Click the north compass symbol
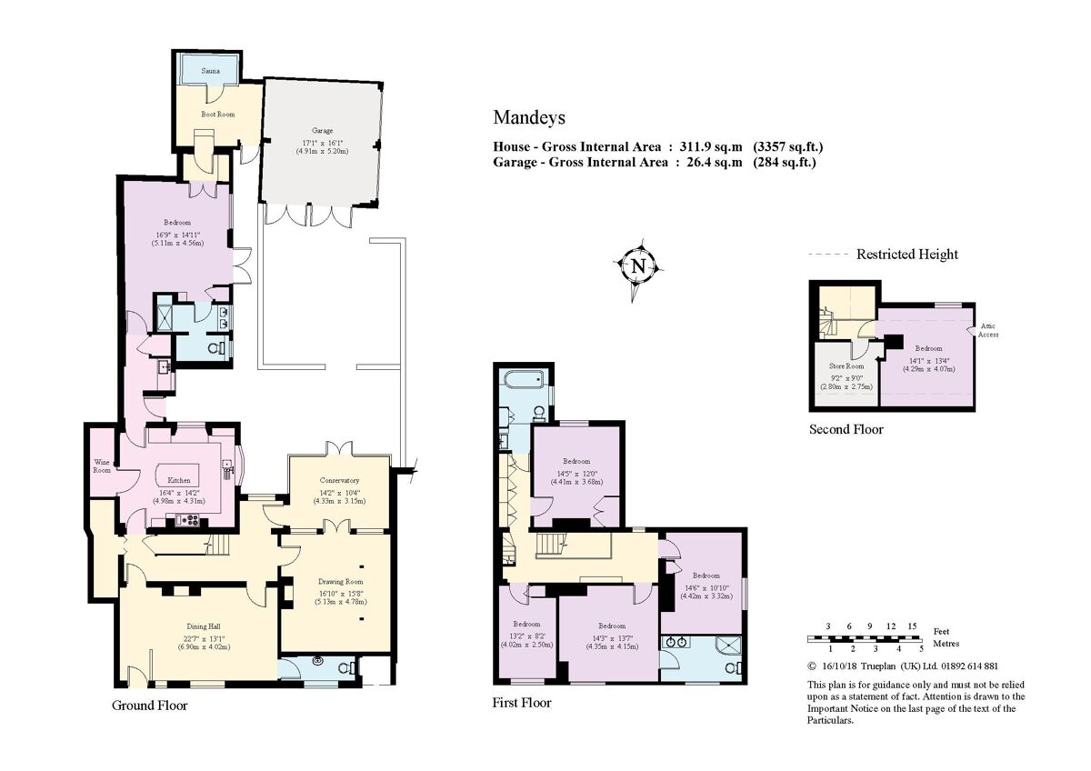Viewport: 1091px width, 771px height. pyautogui.click(x=638, y=266)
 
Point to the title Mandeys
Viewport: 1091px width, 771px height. pyautogui.click(x=529, y=117)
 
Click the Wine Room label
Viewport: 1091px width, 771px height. pyautogui.click(x=101, y=466)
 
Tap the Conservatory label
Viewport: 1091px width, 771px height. pyautogui.click(x=339, y=480)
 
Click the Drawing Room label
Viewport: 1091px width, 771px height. pyautogui.click(x=340, y=581)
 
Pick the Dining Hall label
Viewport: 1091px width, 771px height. pyautogui.click(x=203, y=626)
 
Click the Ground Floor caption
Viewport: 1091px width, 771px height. pyautogui.click(x=149, y=706)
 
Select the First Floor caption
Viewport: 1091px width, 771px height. pyautogui.click(x=522, y=703)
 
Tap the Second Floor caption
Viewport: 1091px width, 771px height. pyautogui.click(x=846, y=429)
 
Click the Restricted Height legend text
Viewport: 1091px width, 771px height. pyautogui.click(x=906, y=255)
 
